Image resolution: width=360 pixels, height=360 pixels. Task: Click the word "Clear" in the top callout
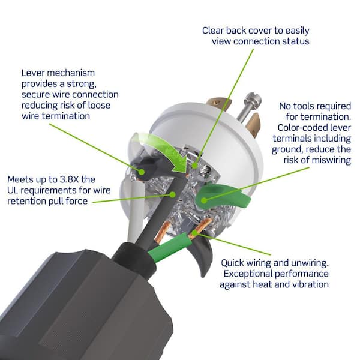[212, 31]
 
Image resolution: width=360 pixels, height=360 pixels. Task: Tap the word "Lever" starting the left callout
[33, 73]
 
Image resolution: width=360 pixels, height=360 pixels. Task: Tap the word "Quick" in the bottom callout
[232, 263]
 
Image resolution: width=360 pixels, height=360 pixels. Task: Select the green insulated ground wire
[169, 247]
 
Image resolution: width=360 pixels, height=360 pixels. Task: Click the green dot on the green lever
[203, 200]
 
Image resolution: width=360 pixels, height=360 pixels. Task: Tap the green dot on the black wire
[172, 194]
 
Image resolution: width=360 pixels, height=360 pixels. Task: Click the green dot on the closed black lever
[142, 172]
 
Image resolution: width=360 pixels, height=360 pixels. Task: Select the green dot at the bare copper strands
[194, 233]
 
